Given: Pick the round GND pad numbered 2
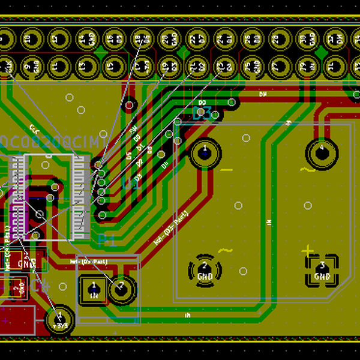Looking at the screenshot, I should tap(204, 270).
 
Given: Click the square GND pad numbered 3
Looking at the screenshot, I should tap(322, 270).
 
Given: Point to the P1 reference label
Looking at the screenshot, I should tap(106, 241).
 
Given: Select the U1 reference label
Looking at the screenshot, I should tap(131, 184).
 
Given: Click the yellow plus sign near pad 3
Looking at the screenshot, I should tap(308, 249).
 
